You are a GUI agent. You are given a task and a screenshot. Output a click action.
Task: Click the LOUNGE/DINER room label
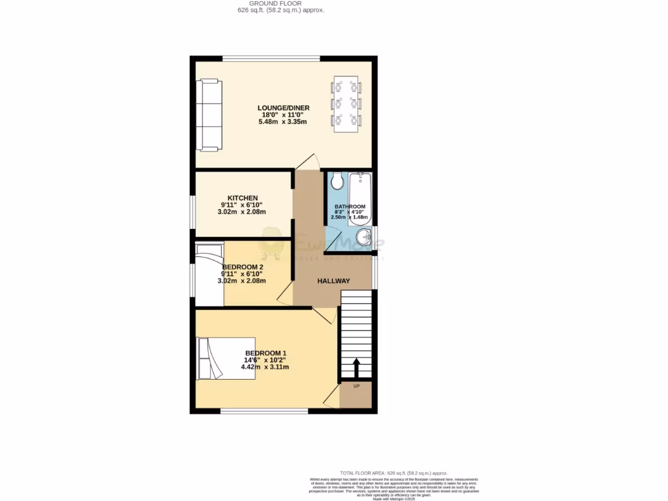pyautogui.click(x=283, y=108)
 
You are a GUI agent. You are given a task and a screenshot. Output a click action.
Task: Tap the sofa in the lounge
pyautogui.click(x=209, y=115)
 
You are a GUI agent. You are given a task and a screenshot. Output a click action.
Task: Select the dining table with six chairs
pyautogui.click(x=346, y=104)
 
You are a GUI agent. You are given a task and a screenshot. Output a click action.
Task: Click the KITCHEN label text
pyautogui.click(x=243, y=198)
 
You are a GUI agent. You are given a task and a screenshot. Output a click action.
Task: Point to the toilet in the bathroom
pyautogui.click(x=337, y=180)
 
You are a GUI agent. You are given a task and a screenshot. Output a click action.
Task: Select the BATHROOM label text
pyautogui.click(x=350, y=207)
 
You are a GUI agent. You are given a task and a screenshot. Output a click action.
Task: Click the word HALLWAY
pyautogui.click(x=333, y=281)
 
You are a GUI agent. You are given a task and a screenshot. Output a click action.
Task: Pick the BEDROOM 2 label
pyautogui.click(x=243, y=267)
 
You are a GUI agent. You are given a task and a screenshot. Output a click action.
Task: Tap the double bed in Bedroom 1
pyautogui.click(x=226, y=358)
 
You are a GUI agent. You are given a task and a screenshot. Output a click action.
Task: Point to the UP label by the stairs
pyautogui.click(x=356, y=386)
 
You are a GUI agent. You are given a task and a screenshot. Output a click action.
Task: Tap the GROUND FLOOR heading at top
pyautogui.click(x=281, y=3)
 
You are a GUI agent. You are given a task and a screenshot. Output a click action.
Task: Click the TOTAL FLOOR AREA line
pyautogui.click(x=394, y=473)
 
